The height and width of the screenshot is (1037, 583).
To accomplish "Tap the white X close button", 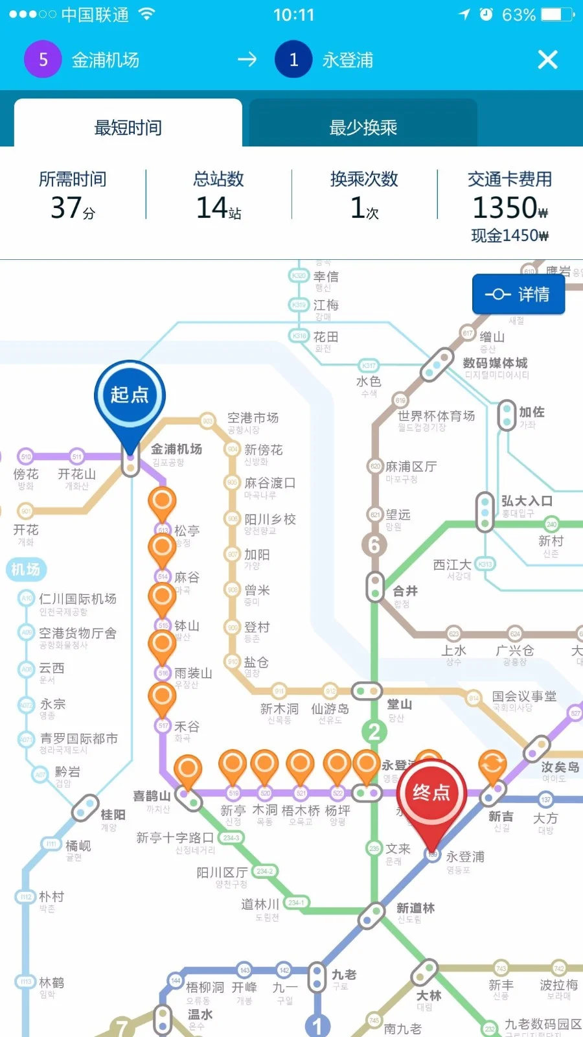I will pyautogui.click(x=547, y=60).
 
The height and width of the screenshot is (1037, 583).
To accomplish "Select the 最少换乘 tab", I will pyautogui.click(x=363, y=127).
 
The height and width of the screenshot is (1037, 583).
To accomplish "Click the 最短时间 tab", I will pyautogui.click(x=128, y=127).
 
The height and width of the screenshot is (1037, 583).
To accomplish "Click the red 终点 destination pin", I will pyautogui.click(x=431, y=793).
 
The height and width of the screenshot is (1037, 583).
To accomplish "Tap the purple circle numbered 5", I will pyautogui.click(x=43, y=60).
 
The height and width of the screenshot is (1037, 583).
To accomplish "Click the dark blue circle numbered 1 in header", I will pyautogui.click(x=293, y=60).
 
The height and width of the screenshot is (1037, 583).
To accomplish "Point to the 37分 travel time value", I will pyautogui.click(x=73, y=208).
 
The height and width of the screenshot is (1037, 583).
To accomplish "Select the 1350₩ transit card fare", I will pyautogui.click(x=510, y=208).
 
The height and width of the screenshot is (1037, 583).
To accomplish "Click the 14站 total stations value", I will pyautogui.click(x=218, y=208).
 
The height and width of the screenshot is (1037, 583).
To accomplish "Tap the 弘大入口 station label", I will pyautogui.click(x=527, y=501).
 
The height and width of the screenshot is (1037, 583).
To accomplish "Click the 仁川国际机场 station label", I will pyautogui.click(x=78, y=599).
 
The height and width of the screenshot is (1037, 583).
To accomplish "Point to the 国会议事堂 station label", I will pyautogui.click(x=524, y=696).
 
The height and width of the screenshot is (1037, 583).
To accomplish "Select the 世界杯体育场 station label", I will pyautogui.click(x=436, y=415).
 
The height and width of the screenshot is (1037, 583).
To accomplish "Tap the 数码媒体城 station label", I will pyautogui.click(x=495, y=363).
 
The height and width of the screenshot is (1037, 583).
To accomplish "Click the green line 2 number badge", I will pyautogui.click(x=374, y=732).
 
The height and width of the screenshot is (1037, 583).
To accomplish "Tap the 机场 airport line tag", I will pyautogui.click(x=26, y=569).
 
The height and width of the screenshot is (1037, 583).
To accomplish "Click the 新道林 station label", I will pyautogui.click(x=415, y=908).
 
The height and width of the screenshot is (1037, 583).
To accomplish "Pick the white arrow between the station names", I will pyautogui.click(x=247, y=60).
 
